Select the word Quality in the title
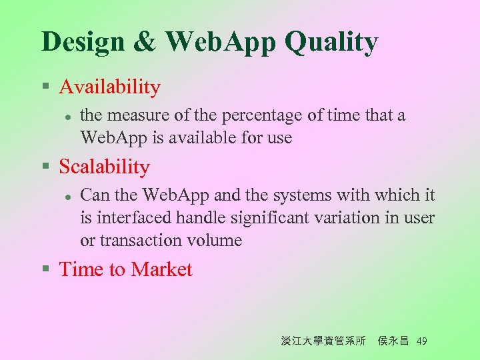331,41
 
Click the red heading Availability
109,87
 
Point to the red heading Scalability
104,167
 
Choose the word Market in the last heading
161,269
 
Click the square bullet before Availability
45,87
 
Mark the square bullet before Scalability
45,167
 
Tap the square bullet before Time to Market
45,270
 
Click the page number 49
421,341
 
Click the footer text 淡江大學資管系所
323,341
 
